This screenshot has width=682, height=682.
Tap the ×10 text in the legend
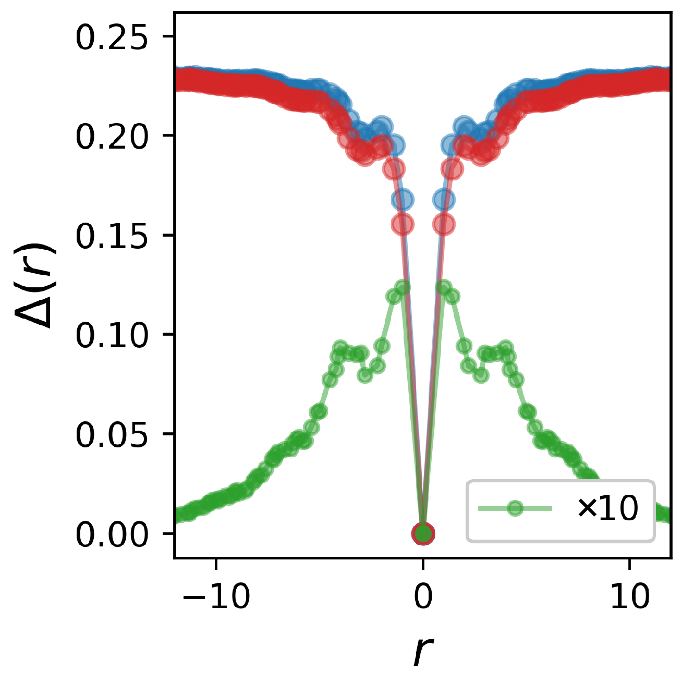[607, 509]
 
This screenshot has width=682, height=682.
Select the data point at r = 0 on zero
[423, 533]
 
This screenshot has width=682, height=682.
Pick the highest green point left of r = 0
[403, 287]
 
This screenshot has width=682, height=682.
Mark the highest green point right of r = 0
[444, 287]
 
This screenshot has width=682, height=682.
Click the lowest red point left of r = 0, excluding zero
[403, 224]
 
